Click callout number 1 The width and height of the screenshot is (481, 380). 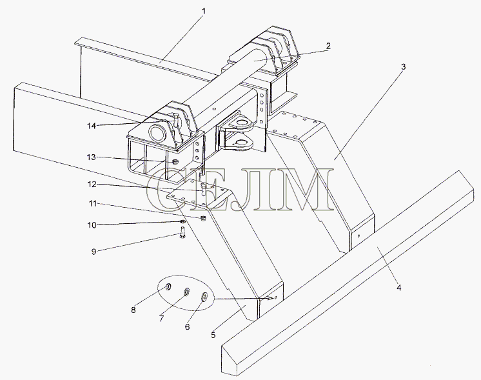coord(204,11)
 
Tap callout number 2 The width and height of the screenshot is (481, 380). coord(329,46)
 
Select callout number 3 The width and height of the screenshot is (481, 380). coord(404,66)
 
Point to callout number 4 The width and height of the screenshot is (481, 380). coord(398,288)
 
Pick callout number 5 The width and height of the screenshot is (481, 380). coord(213,335)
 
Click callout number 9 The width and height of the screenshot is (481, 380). coord(94,252)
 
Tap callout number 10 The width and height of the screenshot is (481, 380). coord(92,225)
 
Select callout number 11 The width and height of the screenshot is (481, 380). coord(93,203)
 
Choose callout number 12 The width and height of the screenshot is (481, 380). coord(92,184)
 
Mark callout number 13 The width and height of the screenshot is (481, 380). coord(92,157)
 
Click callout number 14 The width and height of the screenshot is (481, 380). coord(92,126)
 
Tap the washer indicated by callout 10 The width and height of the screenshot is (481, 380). coord(182,221)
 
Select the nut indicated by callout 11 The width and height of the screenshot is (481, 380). coord(202,218)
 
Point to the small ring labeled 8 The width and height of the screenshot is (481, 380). coord(168,287)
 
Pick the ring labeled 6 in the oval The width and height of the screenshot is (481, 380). coord(204,297)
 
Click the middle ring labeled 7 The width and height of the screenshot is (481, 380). coord(186,292)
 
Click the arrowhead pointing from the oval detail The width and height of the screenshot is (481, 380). coord(270,298)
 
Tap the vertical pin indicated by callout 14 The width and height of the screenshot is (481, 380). coord(175,120)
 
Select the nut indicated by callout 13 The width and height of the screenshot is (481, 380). coord(175,162)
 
